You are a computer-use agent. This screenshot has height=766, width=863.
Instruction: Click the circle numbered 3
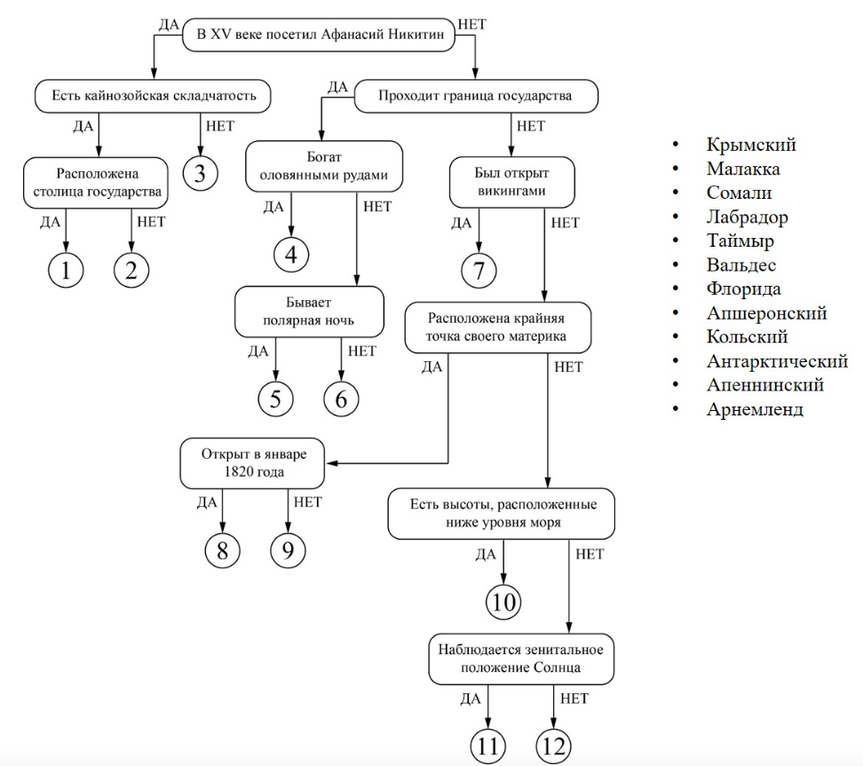(x=200, y=172)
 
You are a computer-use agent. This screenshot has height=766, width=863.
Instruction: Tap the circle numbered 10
(x=503, y=603)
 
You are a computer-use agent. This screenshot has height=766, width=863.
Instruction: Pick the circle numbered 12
(x=555, y=745)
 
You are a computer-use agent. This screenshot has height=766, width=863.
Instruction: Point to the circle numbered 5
(x=275, y=399)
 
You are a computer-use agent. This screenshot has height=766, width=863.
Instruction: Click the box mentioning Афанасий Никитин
(x=320, y=36)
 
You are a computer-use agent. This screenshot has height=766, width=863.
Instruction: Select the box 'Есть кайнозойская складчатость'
(x=152, y=96)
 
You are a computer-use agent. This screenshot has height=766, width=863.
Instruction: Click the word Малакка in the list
(x=743, y=169)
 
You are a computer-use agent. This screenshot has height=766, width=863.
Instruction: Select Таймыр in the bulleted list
(x=740, y=241)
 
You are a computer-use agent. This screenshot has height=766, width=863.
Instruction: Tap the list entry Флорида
(x=744, y=289)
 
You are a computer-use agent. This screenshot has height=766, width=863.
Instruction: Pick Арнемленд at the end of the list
(x=755, y=409)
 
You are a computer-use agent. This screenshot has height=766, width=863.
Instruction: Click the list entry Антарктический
(x=777, y=361)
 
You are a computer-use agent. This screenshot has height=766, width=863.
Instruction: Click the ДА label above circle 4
(x=275, y=207)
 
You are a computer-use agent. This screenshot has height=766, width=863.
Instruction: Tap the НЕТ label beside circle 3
(x=219, y=126)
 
